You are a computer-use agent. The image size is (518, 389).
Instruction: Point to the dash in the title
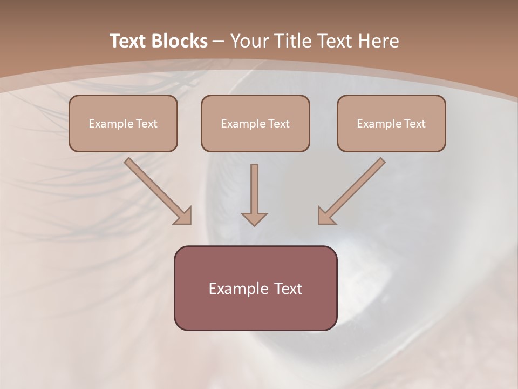219,41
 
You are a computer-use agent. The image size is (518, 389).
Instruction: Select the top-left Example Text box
123,123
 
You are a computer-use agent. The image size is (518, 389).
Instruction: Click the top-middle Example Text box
255,123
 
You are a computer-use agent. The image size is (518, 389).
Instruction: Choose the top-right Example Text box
391,123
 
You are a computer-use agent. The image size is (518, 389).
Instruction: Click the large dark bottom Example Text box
255,288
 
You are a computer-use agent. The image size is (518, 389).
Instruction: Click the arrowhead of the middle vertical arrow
254,219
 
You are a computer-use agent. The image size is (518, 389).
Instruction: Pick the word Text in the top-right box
415,124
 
